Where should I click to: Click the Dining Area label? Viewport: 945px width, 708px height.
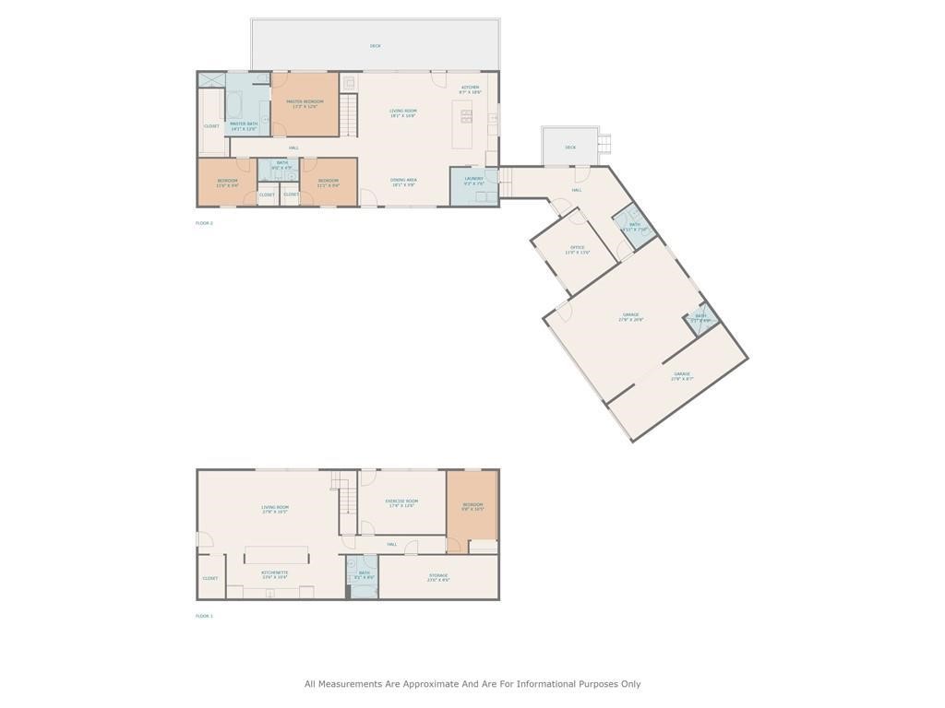pyautogui.click(x=403, y=182)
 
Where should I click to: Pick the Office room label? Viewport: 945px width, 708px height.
pyautogui.click(x=578, y=249)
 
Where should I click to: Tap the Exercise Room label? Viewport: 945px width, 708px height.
pyautogui.click(x=401, y=502)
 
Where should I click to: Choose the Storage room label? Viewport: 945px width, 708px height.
pyautogui.click(x=438, y=577)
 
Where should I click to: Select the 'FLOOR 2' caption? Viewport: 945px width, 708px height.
pyautogui.click(x=204, y=223)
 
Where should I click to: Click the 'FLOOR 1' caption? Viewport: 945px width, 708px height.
pyautogui.click(x=204, y=616)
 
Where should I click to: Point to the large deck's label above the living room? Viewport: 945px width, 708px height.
pyautogui.click(x=376, y=45)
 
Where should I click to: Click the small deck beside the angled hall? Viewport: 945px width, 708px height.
pyautogui.click(x=570, y=147)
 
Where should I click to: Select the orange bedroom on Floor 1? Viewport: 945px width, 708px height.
pyautogui.click(x=472, y=505)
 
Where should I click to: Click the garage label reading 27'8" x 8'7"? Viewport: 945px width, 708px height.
pyautogui.click(x=681, y=376)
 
